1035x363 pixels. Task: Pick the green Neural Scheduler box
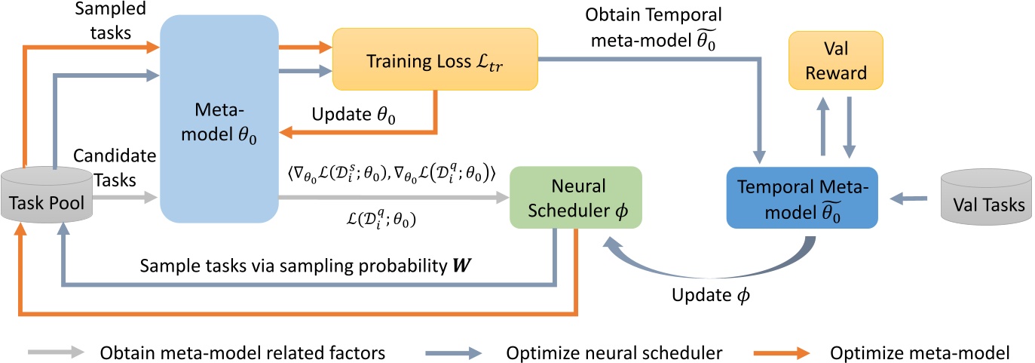[x=575, y=196]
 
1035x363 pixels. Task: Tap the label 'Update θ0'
[x=355, y=115]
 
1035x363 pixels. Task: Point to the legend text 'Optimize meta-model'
[x=919, y=351]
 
